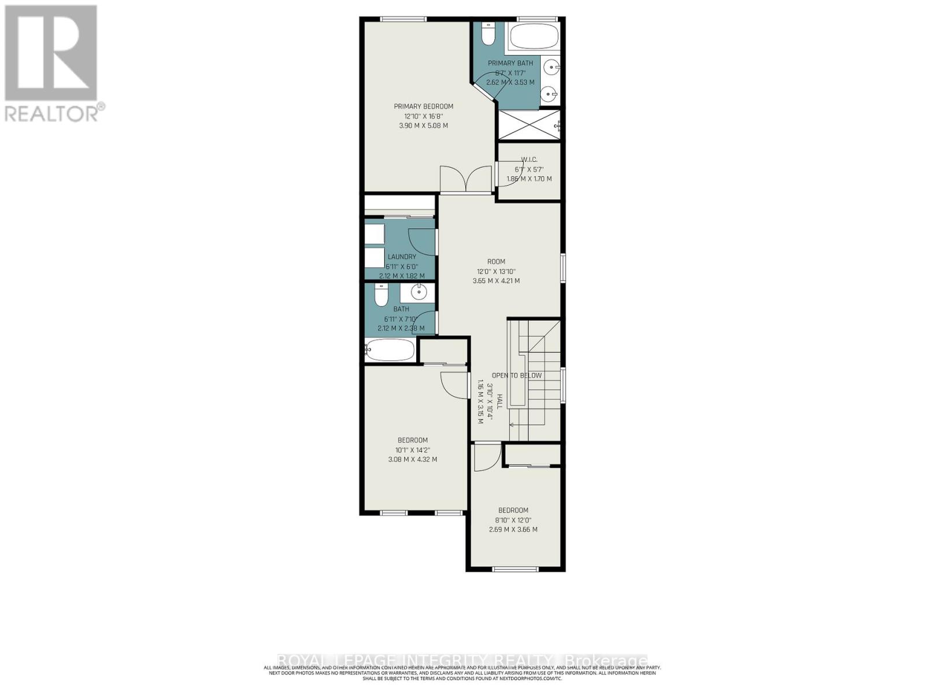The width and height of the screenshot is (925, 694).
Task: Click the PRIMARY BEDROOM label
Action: coord(423,106)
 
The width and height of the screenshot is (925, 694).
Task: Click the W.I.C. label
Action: coord(529,160)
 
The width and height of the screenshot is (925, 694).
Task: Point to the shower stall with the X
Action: coord(528,124)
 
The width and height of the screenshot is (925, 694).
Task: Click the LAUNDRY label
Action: coord(401,257)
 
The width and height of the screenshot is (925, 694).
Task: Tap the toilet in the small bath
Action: coord(381,297)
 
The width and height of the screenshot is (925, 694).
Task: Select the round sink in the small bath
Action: coord(418,292)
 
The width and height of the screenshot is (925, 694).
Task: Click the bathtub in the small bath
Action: coord(390,350)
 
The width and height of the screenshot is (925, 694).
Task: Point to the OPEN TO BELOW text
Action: coord(516,375)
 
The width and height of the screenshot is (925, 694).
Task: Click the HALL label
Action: coord(499,402)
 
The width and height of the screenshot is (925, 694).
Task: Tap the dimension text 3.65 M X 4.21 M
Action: coord(496,281)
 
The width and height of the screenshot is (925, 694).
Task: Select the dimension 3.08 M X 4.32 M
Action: coord(412,460)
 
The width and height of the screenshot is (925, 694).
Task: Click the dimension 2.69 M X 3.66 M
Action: coord(513,530)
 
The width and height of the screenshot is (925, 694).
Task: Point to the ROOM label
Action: coord(496,261)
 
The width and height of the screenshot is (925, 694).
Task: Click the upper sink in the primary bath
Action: coord(552,68)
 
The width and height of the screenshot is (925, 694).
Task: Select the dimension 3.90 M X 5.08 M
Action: coord(423,125)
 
